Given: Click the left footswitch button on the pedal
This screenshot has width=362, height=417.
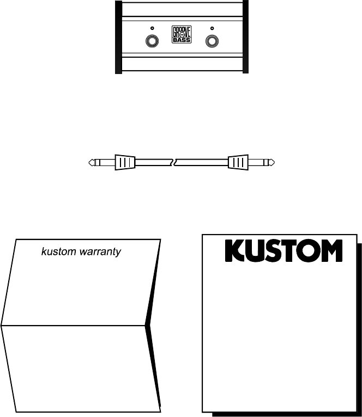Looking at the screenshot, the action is coord(152,41).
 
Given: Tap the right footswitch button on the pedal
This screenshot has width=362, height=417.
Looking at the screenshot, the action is coord(212,41).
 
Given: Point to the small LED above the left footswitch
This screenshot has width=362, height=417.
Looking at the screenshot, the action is coord(152,28).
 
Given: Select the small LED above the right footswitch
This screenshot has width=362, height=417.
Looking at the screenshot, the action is coord(212,28).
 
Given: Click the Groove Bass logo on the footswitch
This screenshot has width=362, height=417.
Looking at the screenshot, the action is coord(182,35).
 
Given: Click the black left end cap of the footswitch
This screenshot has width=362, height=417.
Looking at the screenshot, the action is coord(118,37).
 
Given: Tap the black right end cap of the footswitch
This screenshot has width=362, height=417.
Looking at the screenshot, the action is coord(245,37).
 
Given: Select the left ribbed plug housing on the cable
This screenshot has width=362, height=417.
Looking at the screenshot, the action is coord(125,162).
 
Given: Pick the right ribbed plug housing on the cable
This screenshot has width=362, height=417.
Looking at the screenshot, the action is coord(238,162).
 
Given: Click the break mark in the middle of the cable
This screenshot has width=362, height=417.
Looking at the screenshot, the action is coord(173,162).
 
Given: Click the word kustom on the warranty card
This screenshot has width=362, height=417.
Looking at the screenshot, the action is coord(57,253).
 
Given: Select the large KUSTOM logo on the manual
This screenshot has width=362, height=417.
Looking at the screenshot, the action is coord(283,252).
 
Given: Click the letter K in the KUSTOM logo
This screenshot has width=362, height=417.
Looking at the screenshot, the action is coord(236,252).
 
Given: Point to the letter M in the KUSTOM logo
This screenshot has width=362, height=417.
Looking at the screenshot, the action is coord(330,252).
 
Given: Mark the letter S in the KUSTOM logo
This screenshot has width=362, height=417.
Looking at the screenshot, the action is coord(273,252).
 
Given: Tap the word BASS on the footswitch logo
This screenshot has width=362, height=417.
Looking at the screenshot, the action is coord(182,40).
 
